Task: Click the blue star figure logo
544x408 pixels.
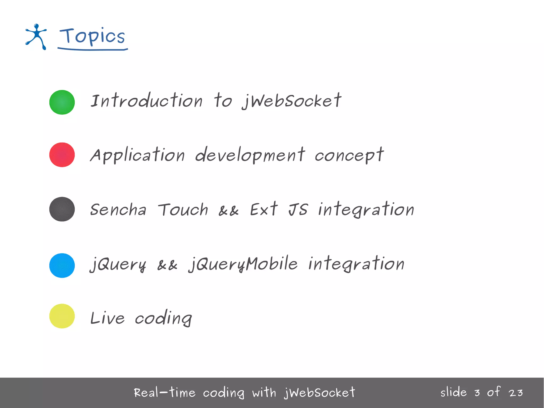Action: (36, 37)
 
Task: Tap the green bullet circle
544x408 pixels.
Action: (62, 102)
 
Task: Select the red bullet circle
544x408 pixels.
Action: (62, 155)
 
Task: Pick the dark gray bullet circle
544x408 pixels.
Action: (62, 209)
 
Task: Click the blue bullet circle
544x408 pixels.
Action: (62, 266)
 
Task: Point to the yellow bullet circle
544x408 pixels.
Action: (62, 316)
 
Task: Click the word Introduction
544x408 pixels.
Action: (146, 101)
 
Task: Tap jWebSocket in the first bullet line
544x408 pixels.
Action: (292, 101)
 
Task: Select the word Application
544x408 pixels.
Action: (137, 155)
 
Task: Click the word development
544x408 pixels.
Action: (250, 155)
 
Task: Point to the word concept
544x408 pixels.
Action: (349, 155)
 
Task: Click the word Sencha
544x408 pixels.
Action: (118, 210)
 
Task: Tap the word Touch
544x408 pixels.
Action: (183, 210)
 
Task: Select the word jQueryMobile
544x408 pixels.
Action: (243, 264)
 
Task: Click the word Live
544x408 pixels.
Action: (107, 318)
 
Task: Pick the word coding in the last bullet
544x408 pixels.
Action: (163, 318)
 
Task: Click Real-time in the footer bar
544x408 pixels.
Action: (164, 393)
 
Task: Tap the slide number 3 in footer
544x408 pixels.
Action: (477, 393)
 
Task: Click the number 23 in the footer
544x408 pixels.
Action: (516, 393)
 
